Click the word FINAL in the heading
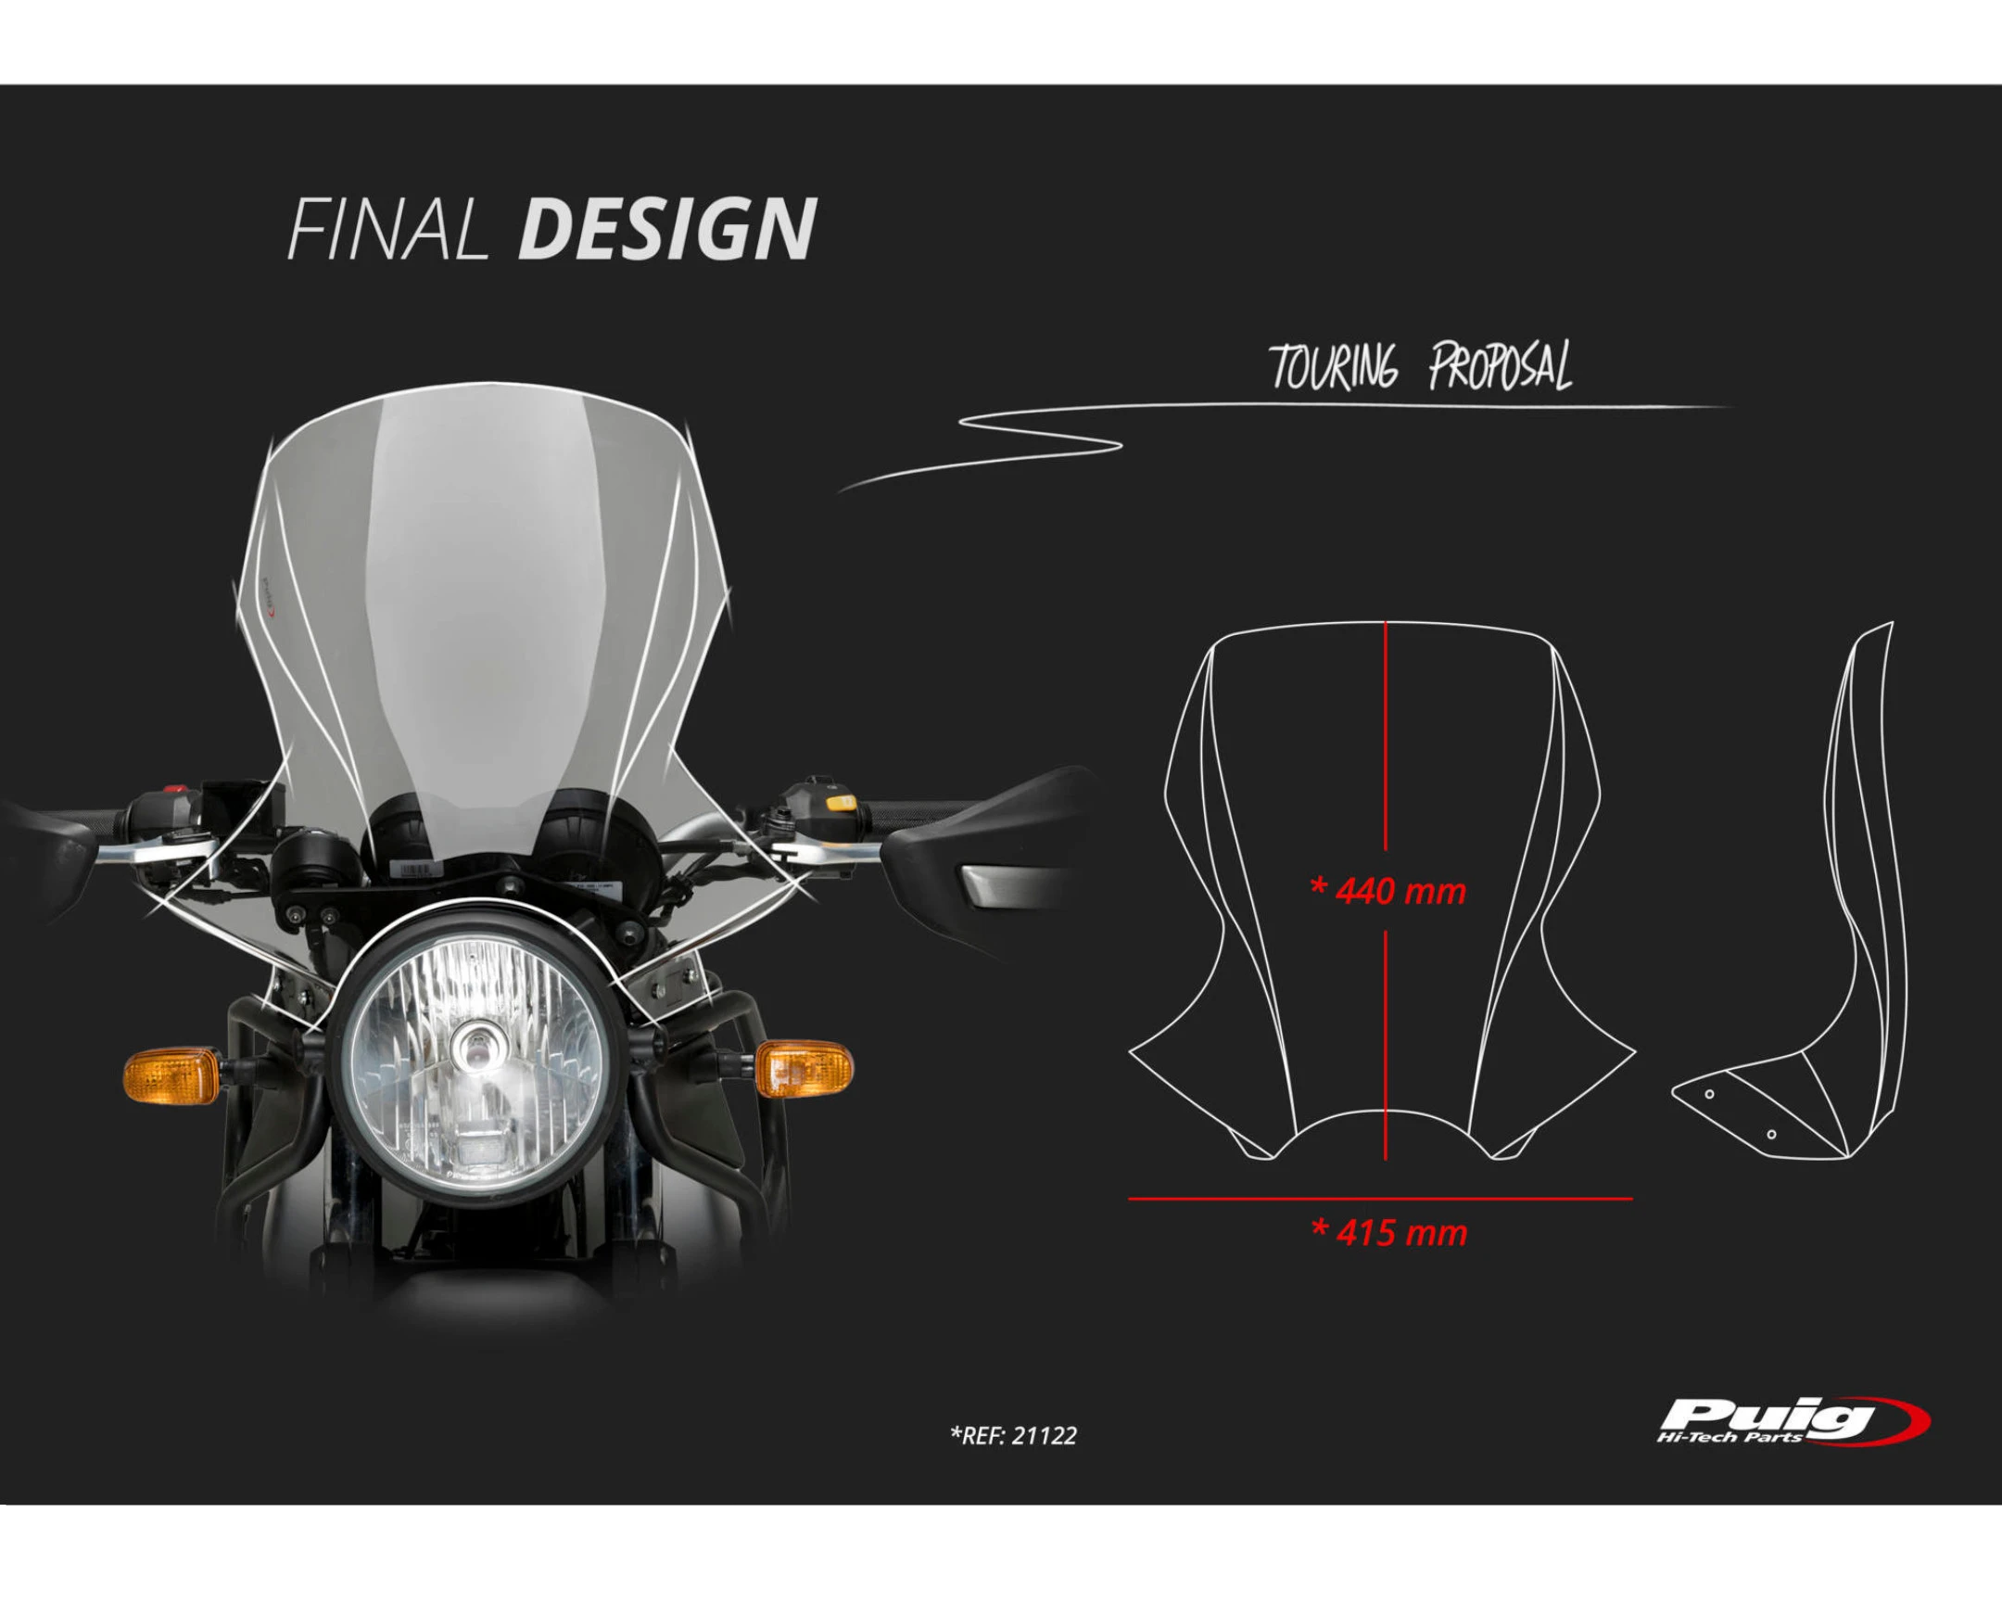(x=387, y=228)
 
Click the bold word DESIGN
(x=666, y=228)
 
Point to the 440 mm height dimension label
(x=1388, y=892)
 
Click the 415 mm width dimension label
(x=1389, y=1233)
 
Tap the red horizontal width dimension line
(x=1380, y=1199)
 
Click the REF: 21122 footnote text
(x=1013, y=1436)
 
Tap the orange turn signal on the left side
(x=171, y=1075)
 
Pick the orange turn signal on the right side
(x=804, y=1068)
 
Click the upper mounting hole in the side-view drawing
(x=1709, y=1094)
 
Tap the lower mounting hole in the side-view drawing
(x=1771, y=1134)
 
